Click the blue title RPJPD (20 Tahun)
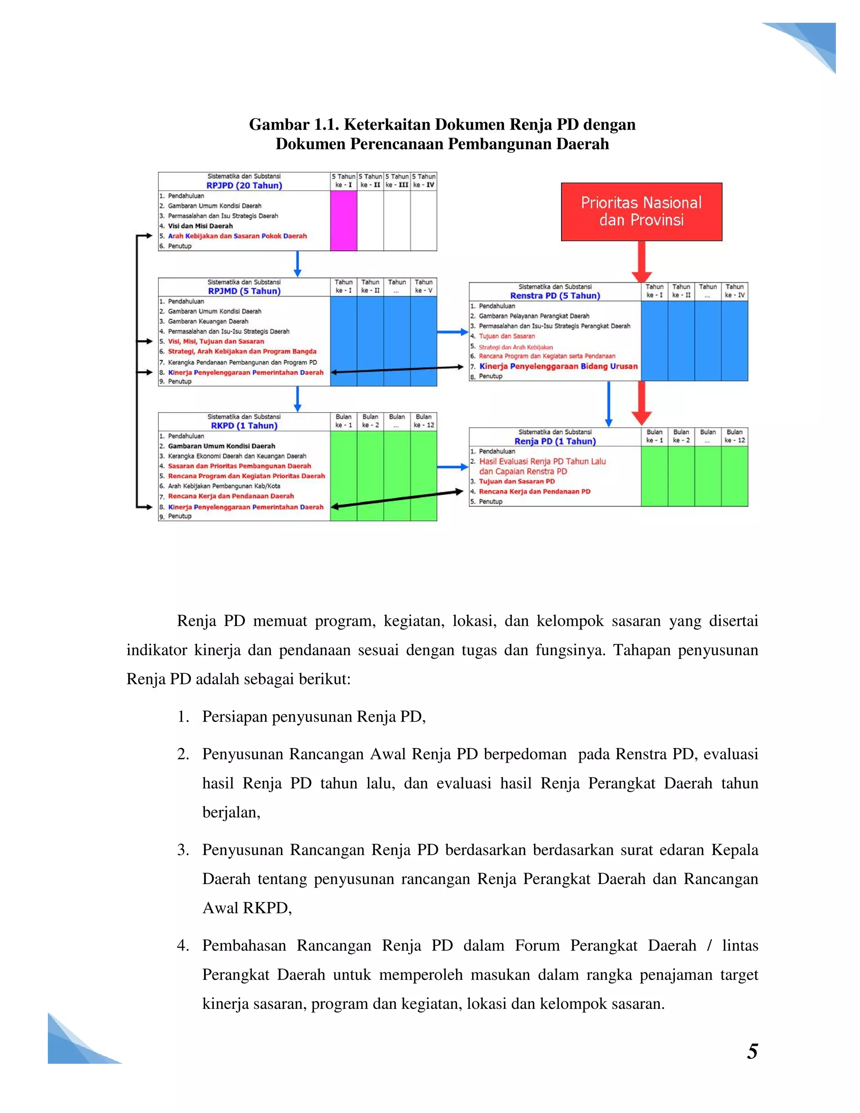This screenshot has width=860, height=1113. pos(244,186)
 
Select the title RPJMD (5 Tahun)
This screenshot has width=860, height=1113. pos(244,291)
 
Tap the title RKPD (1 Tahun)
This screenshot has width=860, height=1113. pos(244,425)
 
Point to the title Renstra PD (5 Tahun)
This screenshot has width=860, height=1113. pos(555,296)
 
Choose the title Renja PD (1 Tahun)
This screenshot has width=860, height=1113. pos(555,441)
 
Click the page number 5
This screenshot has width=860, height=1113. pos(752,1051)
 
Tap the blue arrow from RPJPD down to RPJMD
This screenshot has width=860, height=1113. pos(298,264)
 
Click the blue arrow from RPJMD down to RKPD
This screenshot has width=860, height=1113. pos(298,399)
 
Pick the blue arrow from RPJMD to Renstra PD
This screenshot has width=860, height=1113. pos(452,332)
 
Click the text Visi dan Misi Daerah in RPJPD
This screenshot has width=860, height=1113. pos(200,226)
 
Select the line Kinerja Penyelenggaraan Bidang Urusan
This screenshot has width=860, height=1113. pos(558,366)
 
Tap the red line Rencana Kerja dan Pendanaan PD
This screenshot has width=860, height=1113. pos(535,491)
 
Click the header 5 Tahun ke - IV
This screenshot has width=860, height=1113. pos(423,181)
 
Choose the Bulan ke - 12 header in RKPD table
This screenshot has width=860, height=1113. pos(423,421)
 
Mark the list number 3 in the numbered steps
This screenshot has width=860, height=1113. pos(183,850)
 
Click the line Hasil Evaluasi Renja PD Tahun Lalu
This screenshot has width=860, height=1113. pos(542,461)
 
